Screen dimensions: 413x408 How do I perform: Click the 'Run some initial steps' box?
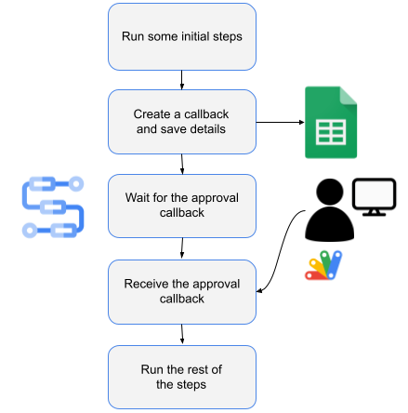tap(182, 36)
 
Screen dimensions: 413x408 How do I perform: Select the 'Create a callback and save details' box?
tap(182, 122)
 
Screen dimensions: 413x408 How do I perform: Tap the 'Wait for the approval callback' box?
tap(182, 206)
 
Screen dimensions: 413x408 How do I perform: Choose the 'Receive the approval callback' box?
tap(182, 291)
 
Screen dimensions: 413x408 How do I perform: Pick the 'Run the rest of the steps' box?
tap(182, 377)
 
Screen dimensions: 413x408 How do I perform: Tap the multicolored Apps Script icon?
tap(323, 265)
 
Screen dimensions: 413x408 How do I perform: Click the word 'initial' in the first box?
tap(204, 37)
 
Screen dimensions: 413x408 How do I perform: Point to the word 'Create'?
tap(152, 114)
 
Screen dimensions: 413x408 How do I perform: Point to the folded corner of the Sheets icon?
tap(349, 94)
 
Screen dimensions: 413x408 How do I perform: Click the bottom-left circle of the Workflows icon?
tap(29, 228)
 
